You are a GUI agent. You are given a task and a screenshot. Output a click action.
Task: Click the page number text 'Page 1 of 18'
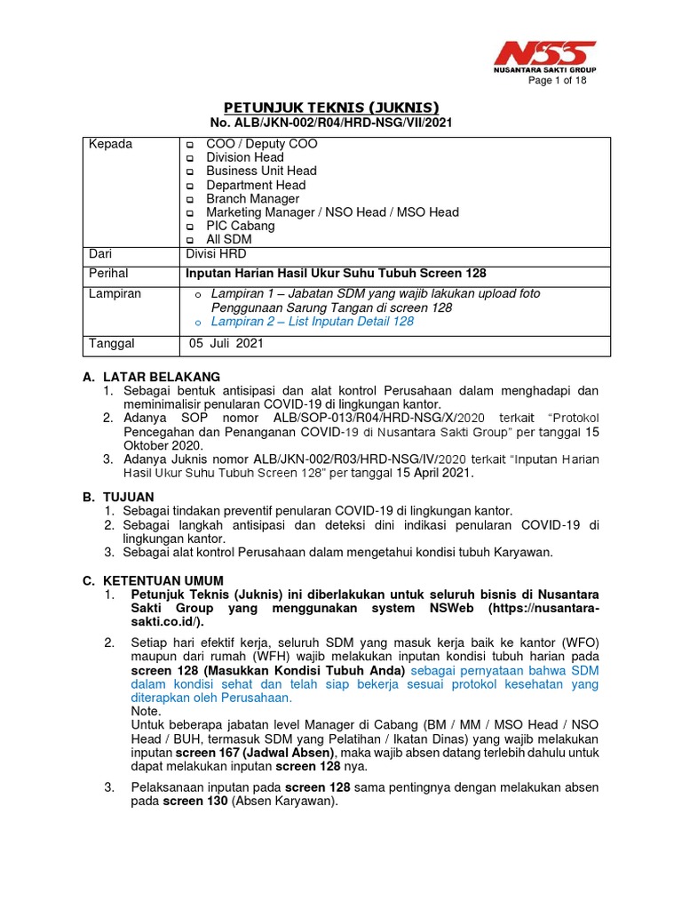pos(557,81)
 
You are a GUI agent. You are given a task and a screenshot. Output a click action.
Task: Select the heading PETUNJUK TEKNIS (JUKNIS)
pos(329,107)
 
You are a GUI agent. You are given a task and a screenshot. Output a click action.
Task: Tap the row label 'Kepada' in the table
pos(110,144)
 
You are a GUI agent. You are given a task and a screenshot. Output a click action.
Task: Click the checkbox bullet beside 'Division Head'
pos(188,158)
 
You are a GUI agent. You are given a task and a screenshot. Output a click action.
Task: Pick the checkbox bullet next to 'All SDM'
pos(188,240)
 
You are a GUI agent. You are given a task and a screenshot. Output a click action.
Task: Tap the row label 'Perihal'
pos(110,274)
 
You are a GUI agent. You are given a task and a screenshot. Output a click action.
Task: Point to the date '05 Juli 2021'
pos(226,343)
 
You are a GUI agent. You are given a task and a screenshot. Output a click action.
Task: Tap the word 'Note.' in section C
pos(146,711)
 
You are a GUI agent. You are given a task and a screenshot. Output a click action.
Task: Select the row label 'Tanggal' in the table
pos(112,343)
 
